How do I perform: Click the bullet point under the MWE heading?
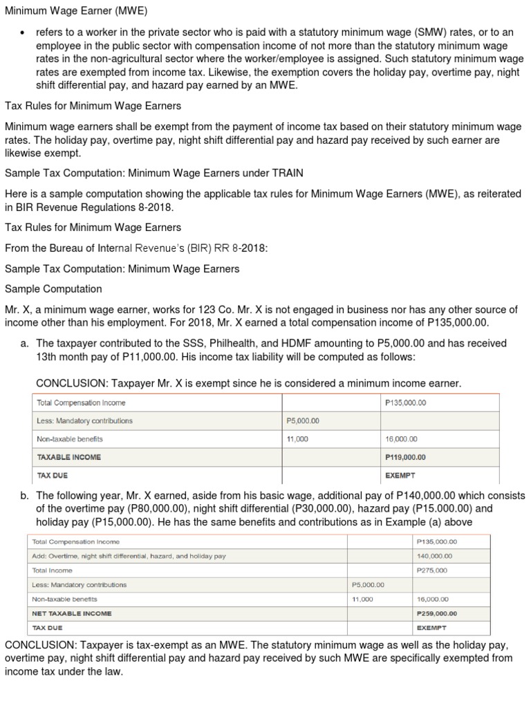(x=22, y=32)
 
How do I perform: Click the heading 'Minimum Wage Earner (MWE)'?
(x=76, y=11)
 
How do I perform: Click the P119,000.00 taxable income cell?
(x=405, y=457)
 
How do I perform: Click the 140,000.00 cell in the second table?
(x=435, y=556)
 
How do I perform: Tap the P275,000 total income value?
(x=432, y=570)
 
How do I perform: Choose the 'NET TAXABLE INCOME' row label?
(x=72, y=613)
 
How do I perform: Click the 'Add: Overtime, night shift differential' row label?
(x=129, y=556)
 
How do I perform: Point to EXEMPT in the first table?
(x=400, y=476)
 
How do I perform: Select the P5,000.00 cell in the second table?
(x=368, y=585)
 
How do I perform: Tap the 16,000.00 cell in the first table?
(x=401, y=439)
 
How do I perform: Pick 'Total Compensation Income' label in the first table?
(x=81, y=402)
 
